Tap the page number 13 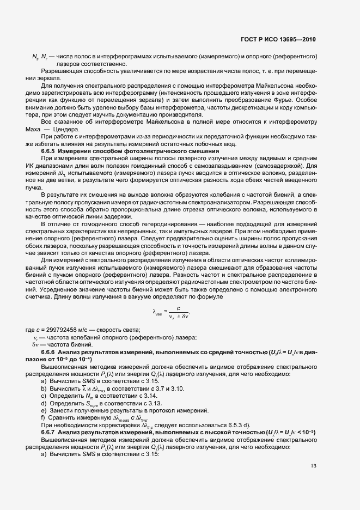[313, 465]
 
